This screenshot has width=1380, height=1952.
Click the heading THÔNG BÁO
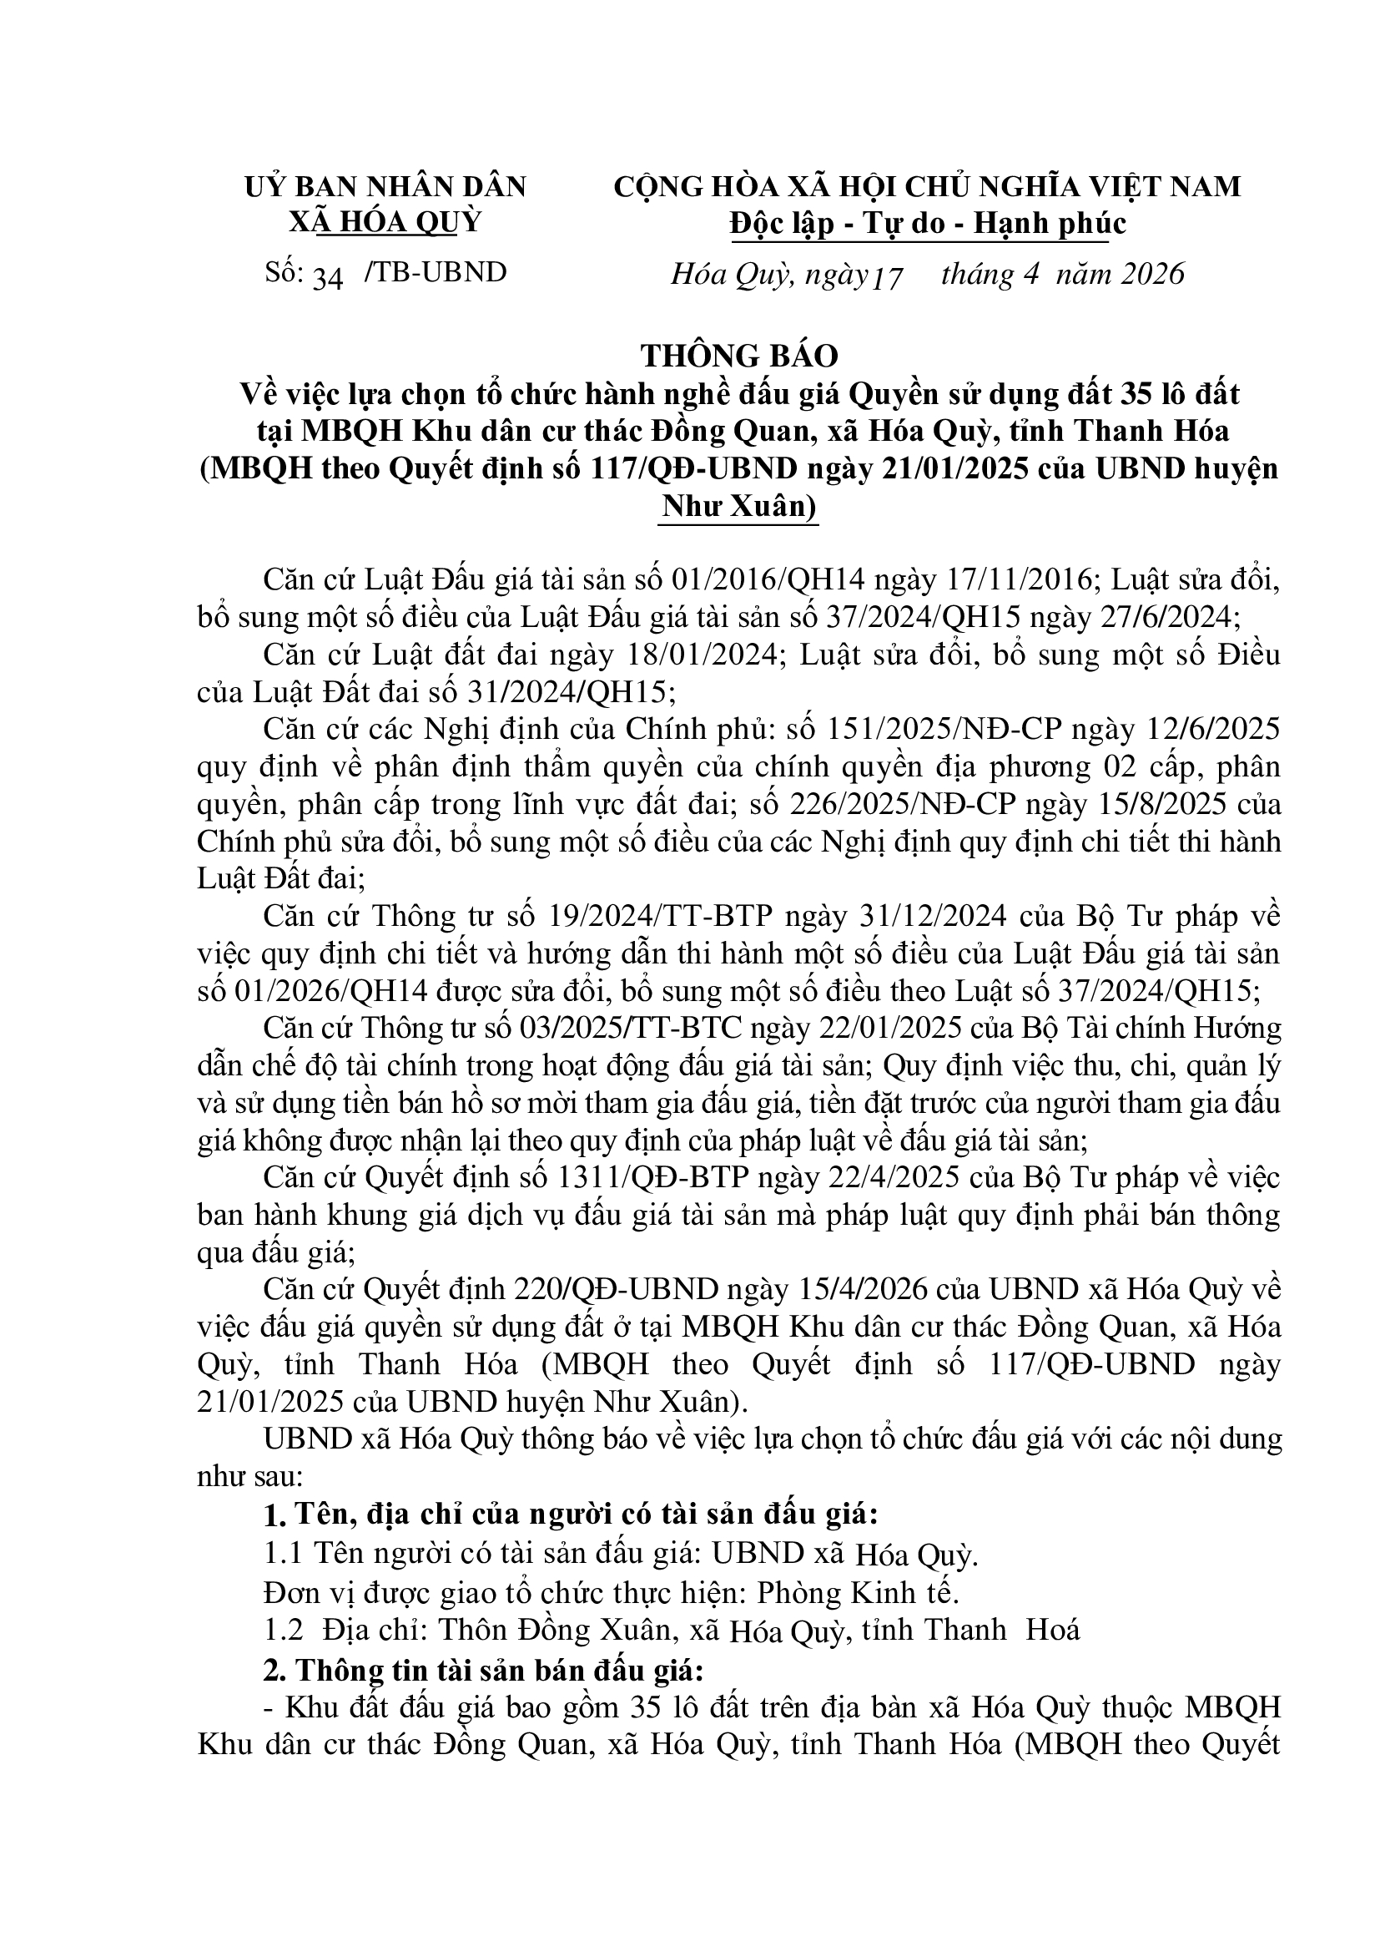(x=739, y=356)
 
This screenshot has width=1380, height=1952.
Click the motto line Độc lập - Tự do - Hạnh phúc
(x=928, y=224)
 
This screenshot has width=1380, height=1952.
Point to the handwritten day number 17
(x=887, y=278)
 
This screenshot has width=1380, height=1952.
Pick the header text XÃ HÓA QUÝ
(x=385, y=222)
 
